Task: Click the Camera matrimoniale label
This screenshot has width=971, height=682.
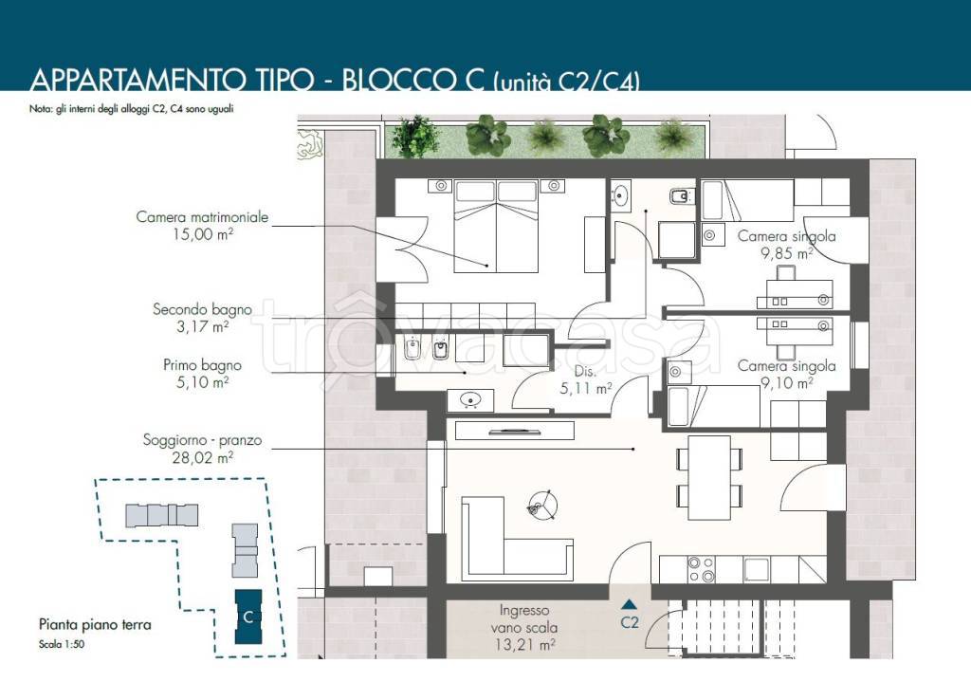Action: [203, 217]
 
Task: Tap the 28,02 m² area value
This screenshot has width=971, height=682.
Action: [203, 458]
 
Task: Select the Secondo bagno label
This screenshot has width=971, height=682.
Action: [203, 309]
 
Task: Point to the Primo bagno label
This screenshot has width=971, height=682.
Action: [203, 365]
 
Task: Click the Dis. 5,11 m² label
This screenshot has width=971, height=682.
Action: [586, 379]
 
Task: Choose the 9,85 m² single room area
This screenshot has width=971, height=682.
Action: [786, 253]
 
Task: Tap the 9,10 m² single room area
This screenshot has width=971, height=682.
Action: [786, 383]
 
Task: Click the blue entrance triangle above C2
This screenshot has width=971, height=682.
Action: [630, 604]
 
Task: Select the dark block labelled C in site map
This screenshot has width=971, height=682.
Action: [248, 617]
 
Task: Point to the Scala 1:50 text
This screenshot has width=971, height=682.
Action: [62, 644]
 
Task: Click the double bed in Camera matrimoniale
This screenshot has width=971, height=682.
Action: [495, 226]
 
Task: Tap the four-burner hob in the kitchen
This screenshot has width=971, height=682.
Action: [702, 569]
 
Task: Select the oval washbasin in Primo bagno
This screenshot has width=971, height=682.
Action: [470, 400]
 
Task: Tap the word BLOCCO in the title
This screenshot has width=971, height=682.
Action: [413, 82]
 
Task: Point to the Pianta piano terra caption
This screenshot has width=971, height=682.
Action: [95, 624]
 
